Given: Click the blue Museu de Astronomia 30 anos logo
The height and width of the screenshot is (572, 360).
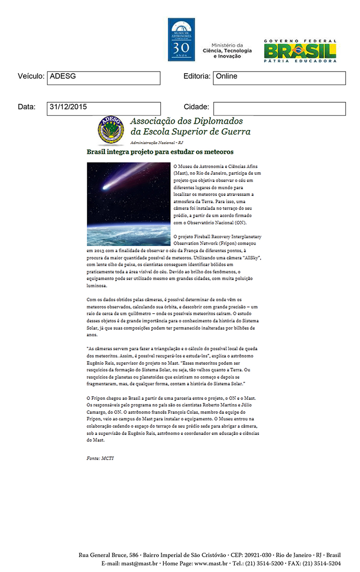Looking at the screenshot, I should pyautogui.click(x=181, y=40).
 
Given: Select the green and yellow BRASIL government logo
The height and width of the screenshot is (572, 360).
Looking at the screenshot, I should pyautogui.click(x=300, y=50).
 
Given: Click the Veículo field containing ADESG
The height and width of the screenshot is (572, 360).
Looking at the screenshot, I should pyautogui.click(x=103, y=77).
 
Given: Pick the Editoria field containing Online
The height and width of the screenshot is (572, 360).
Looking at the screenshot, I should pyautogui.click(x=279, y=77).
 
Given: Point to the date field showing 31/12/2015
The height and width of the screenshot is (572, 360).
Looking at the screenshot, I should pyautogui.click(x=103, y=108).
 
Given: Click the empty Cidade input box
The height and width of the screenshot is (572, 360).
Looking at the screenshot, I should pyautogui.click(x=279, y=108).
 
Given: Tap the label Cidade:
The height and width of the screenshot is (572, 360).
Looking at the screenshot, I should pyautogui.click(x=196, y=107).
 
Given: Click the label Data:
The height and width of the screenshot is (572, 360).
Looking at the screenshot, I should pyautogui.click(x=27, y=107).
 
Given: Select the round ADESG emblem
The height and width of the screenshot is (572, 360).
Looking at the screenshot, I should pyautogui.click(x=110, y=130).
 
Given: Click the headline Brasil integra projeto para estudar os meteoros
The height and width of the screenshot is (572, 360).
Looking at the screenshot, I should pyautogui.click(x=160, y=152).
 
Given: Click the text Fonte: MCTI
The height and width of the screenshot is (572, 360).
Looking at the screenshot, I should pyautogui.click(x=100, y=458).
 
